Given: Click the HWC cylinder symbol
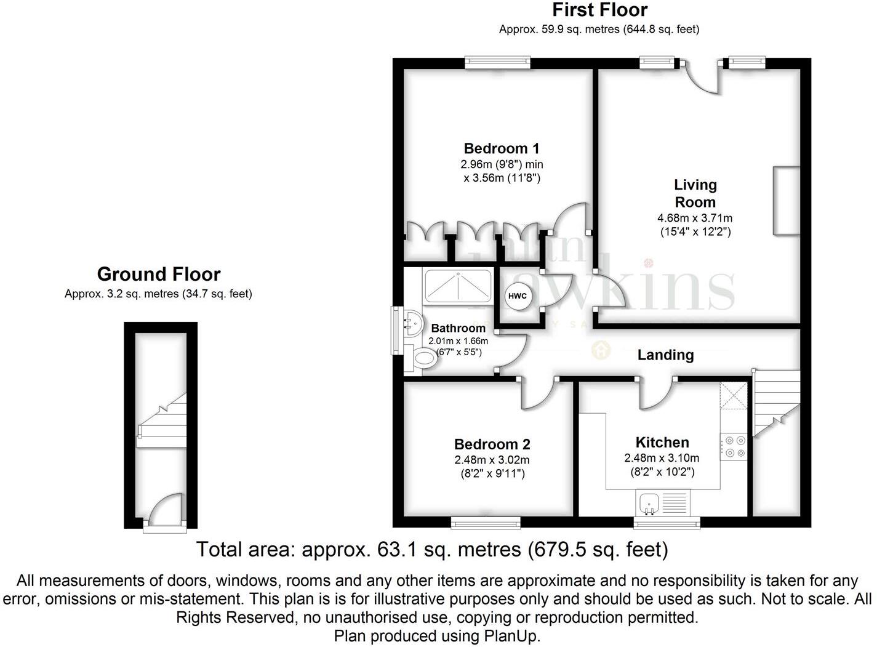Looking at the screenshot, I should point(517,296).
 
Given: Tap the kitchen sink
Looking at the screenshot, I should point(649,503).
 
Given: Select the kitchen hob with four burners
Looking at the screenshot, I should point(733,447).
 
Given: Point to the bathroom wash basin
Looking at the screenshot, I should point(411,321).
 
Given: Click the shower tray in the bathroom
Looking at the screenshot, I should point(458,286).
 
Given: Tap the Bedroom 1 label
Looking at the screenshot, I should point(502,148).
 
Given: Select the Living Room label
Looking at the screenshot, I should point(695,193).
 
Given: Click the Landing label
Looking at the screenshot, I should point(665,355).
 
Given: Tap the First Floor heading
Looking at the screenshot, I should point(599,10).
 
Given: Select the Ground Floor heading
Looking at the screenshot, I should point(159,274).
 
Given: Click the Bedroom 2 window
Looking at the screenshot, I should point(486,523).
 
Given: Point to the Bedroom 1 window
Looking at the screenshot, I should point(497,62).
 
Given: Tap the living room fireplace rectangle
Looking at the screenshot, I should point(787,201).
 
